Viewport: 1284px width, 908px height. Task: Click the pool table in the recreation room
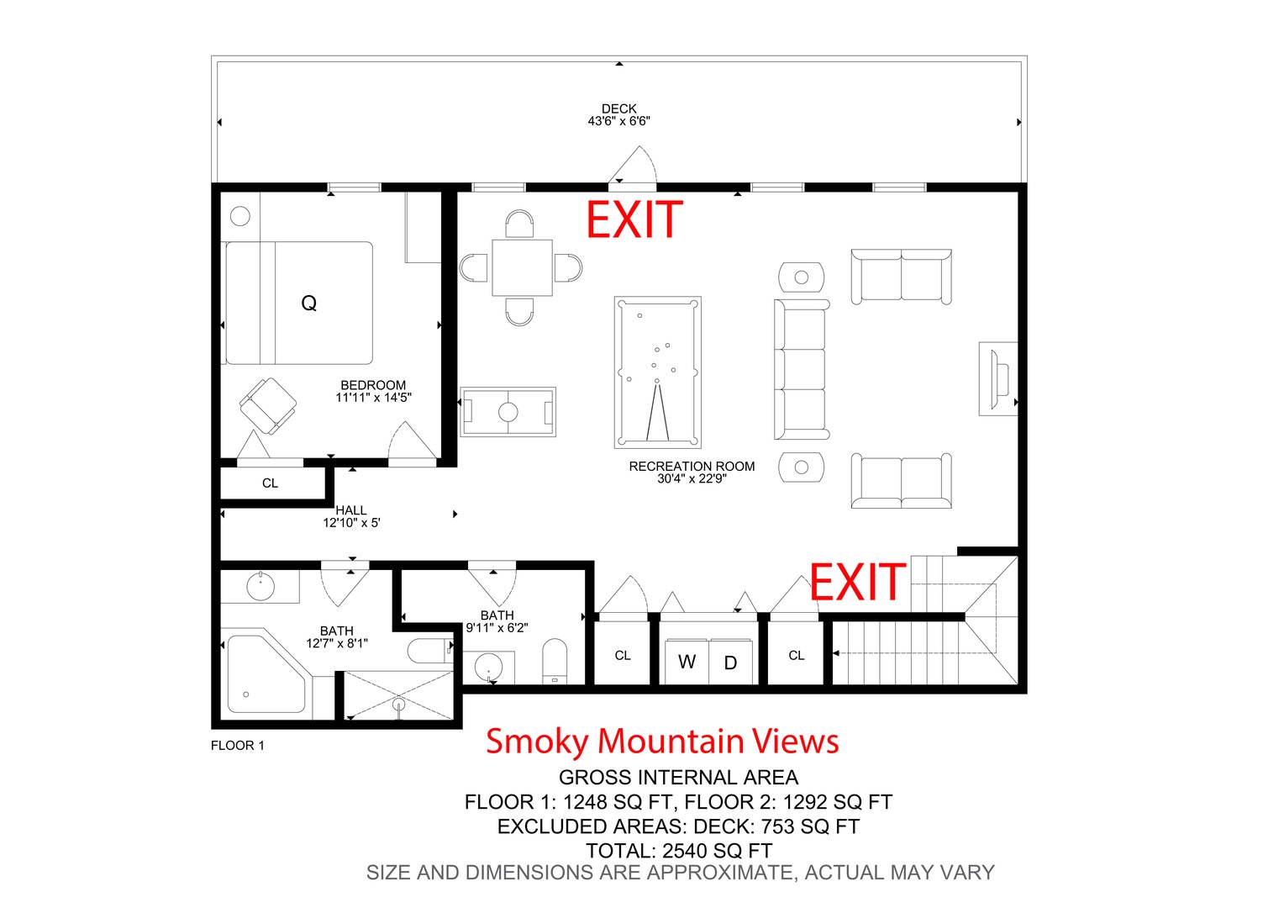[x=657, y=372]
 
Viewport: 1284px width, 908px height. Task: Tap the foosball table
[x=508, y=411]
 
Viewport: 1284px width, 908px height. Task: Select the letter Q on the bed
[x=309, y=303]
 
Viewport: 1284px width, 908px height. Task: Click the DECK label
[x=618, y=108]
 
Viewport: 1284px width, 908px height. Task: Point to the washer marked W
[x=687, y=662]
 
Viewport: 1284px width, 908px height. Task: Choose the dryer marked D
[x=730, y=663]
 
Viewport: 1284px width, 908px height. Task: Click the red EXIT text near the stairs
[x=857, y=582]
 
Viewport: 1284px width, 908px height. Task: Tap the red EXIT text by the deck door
[x=634, y=219]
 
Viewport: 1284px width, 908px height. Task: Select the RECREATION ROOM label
[x=692, y=467]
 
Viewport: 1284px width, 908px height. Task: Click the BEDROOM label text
[x=373, y=385]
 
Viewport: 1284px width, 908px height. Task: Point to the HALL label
[x=350, y=510]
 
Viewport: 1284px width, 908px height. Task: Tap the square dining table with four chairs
[x=522, y=268]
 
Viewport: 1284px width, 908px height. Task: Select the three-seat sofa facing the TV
[x=802, y=369]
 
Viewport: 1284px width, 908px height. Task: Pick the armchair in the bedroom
[x=268, y=405]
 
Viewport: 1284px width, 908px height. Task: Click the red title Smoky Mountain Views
[x=663, y=741]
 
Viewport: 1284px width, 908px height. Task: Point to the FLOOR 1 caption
[x=237, y=745]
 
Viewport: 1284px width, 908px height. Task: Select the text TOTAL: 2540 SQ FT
[x=679, y=850]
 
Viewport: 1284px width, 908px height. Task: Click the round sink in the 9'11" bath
[x=488, y=667]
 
